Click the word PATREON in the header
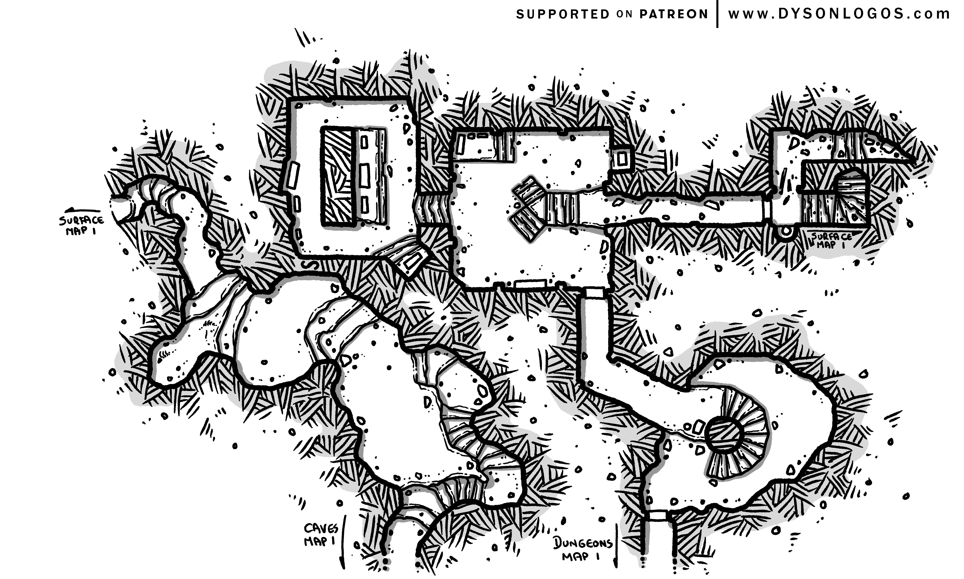pyautogui.click(x=673, y=14)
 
